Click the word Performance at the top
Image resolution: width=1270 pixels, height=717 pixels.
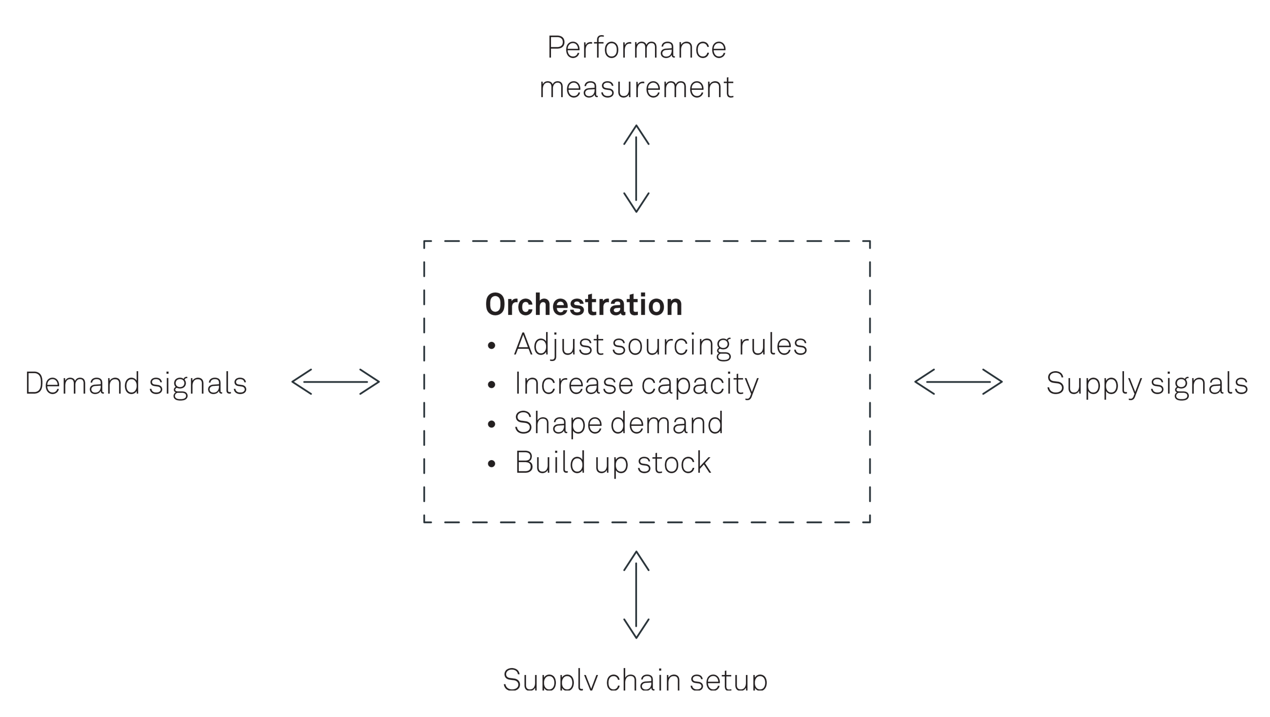point(636,48)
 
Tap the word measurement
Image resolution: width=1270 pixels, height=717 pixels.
point(636,88)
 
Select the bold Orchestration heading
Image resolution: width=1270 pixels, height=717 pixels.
point(584,305)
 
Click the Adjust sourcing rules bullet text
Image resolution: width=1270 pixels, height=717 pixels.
point(660,344)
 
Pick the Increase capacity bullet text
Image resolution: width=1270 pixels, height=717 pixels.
point(636,384)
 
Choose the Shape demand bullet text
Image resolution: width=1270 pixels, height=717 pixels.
point(618,423)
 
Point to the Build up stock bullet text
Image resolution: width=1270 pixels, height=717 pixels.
point(613,463)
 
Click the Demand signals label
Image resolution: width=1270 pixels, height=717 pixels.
point(136,383)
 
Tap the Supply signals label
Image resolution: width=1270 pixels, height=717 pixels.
point(1147,383)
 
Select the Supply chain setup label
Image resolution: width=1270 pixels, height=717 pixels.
point(635,680)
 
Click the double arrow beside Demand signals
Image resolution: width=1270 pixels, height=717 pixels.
point(336,382)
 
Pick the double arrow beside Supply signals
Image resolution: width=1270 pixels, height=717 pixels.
point(958,382)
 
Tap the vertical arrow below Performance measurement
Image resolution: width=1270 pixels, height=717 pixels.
point(636,169)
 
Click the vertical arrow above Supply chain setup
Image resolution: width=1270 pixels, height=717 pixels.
point(636,595)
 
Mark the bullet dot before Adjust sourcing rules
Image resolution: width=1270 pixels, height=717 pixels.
point(490,346)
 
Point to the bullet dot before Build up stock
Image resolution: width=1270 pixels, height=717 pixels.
point(490,464)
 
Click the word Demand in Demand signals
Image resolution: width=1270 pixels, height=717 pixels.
point(83,383)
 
